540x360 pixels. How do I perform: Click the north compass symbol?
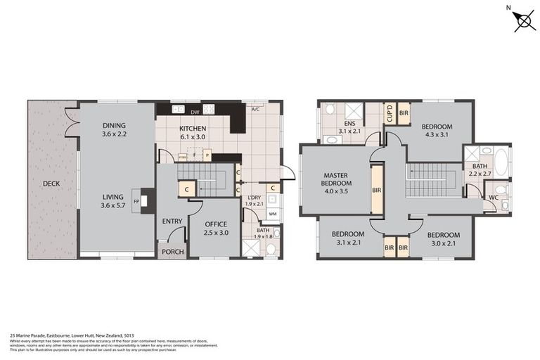click(523, 20)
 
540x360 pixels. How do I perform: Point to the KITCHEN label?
click(192, 129)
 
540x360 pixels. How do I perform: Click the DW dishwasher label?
click(194, 111)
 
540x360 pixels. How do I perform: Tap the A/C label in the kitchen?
click(257, 110)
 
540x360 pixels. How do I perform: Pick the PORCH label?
click(172, 252)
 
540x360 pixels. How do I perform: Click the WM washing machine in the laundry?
click(272, 214)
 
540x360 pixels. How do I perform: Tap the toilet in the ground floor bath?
click(276, 234)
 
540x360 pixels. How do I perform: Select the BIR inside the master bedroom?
click(376, 189)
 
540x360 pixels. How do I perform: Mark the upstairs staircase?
click(432, 179)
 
